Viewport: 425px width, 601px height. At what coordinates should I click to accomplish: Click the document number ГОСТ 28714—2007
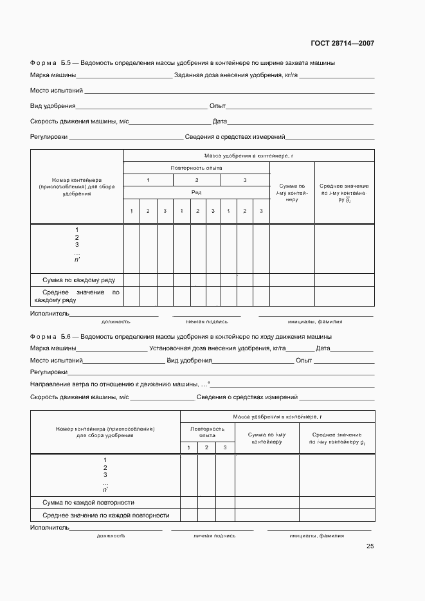(x=343, y=43)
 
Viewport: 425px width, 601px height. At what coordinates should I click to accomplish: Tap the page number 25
(x=370, y=546)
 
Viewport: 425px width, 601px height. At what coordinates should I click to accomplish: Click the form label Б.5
(x=69, y=63)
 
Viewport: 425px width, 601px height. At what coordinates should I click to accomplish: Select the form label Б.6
(x=69, y=336)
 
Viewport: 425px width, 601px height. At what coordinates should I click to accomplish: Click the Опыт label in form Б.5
(x=217, y=106)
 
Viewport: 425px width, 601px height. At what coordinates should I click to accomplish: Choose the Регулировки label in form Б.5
(x=49, y=137)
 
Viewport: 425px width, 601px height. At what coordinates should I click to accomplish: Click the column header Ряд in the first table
(x=197, y=192)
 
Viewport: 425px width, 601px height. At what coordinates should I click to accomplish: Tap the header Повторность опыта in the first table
(x=197, y=168)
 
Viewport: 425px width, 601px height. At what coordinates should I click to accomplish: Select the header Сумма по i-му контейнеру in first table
(x=292, y=193)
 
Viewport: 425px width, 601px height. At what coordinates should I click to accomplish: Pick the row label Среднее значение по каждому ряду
(x=77, y=296)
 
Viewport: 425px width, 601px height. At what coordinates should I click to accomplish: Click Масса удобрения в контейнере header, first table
(x=249, y=156)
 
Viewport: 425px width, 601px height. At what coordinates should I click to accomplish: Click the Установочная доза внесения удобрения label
(x=216, y=348)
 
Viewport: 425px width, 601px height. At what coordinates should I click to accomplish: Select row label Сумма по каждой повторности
(x=88, y=502)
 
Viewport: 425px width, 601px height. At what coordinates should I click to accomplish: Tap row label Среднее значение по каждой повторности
(x=105, y=516)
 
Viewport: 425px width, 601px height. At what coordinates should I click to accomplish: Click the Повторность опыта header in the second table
(x=207, y=431)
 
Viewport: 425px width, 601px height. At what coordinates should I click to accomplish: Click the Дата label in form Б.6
(x=323, y=348)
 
